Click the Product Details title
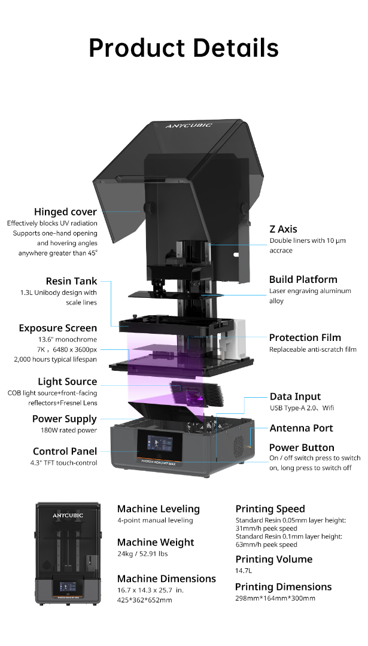click(184, 47)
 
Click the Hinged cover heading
click(66, 212)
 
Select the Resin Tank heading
click(71, 281)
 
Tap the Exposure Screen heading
click(57, 328)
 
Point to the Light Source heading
click(68, 382)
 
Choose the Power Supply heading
click(64, 419)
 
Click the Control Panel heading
click(65, 451)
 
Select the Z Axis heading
click(283, 229)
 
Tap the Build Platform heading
click(303, 279)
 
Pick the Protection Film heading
click(305, 337)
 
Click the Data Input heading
click(295, 397)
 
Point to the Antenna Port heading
click(301, 428)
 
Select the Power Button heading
click(302, 447)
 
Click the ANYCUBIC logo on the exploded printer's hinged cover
click(188, 125)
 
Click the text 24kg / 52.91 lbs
click(142, 554)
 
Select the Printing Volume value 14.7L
click(244, 571)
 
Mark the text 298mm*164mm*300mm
click(275, 598)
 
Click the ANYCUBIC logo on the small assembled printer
click(68, 516)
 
